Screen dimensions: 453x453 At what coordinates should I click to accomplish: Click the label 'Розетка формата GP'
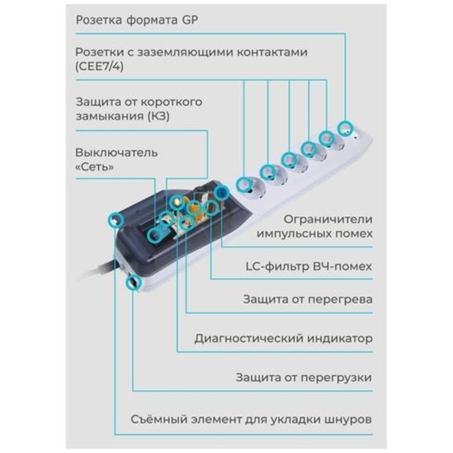pos(137,20)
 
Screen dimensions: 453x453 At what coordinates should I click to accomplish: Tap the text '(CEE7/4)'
pos(99,67)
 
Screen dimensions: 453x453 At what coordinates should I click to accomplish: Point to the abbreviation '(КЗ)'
pos(159,116)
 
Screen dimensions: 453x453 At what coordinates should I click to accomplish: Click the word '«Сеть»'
pos(94,167)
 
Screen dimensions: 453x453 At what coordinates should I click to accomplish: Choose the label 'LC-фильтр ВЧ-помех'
pos(309,267)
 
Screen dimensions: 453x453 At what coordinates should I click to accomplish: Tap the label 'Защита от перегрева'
pos(308,299)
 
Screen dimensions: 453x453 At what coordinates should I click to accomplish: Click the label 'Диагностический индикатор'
pos(284,339)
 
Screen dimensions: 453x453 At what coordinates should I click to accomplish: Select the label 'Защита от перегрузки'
pos(304,378)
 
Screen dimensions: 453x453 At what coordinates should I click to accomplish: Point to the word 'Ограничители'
pos(328,219)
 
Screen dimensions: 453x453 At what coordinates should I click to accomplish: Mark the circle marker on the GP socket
pos(345,128)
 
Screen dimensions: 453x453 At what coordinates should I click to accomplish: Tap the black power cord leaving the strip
pos(99,270)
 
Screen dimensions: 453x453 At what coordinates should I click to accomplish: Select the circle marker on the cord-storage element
pos(116,220)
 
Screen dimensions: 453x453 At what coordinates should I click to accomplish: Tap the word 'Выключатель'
pos(117,153)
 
